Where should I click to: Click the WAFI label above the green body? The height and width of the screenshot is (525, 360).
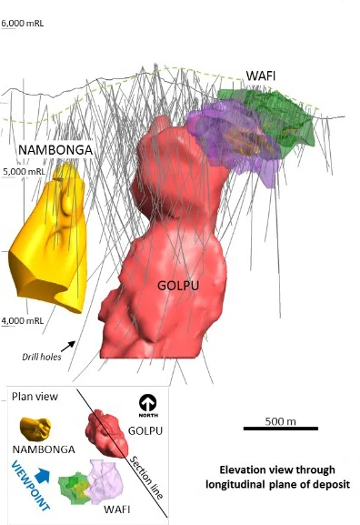point(269,75)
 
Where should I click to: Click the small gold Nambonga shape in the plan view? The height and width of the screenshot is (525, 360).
point(39,426)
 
